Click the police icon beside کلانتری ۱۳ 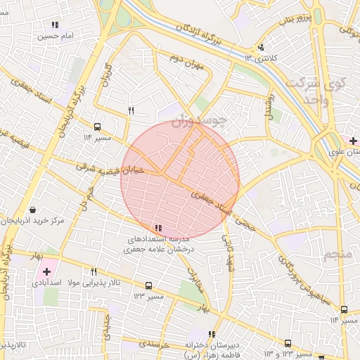(261, 47)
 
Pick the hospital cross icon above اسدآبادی (46, 271)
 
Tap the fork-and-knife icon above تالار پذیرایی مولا (94, 271)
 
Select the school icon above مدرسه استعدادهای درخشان (158, 228)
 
